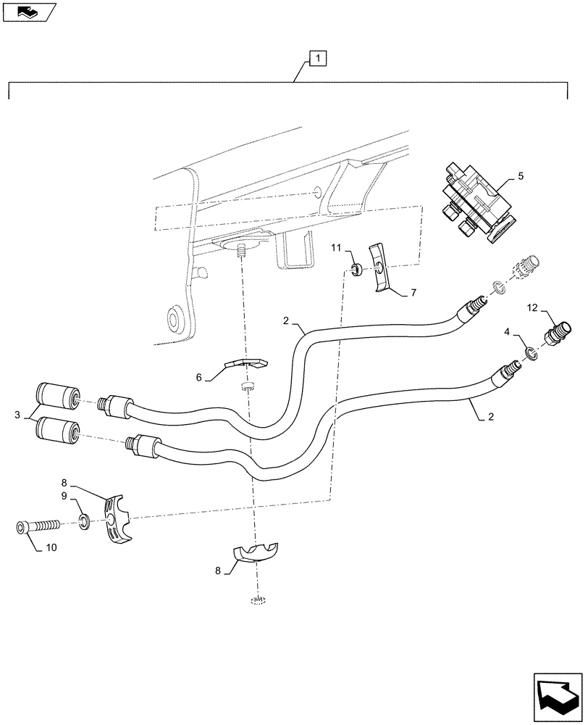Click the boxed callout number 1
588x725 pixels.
(x=319, y=58)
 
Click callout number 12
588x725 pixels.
(x=532, y=310)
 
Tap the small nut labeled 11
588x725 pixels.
(x=357, y=270)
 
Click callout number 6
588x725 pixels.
(x=199, y=378)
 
